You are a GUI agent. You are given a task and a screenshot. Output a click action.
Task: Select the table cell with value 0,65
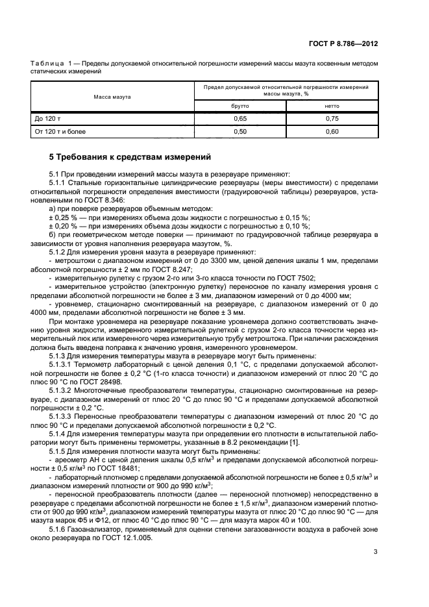point(239,119)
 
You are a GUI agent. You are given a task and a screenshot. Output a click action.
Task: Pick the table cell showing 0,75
point(332,119)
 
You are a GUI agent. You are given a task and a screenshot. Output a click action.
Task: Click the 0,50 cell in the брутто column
point(239,132)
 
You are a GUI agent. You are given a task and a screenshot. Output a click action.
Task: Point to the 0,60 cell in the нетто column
point(332,132)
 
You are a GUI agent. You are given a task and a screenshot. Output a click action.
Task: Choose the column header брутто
point(239,106)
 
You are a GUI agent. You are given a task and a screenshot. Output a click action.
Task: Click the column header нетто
point(332,106)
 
